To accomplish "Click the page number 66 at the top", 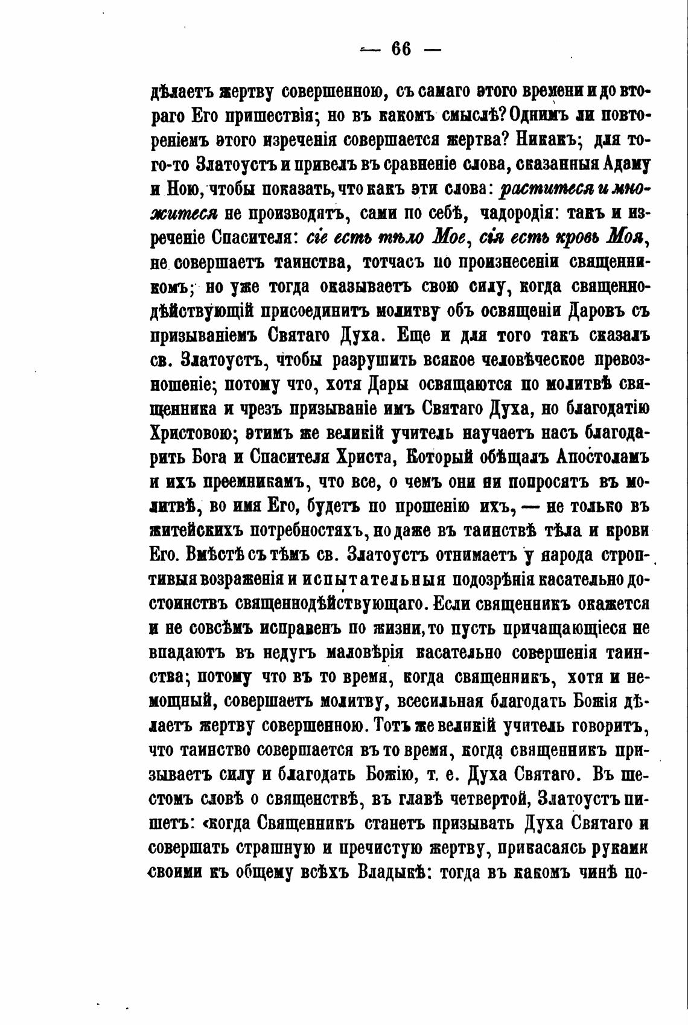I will [401, 49].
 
